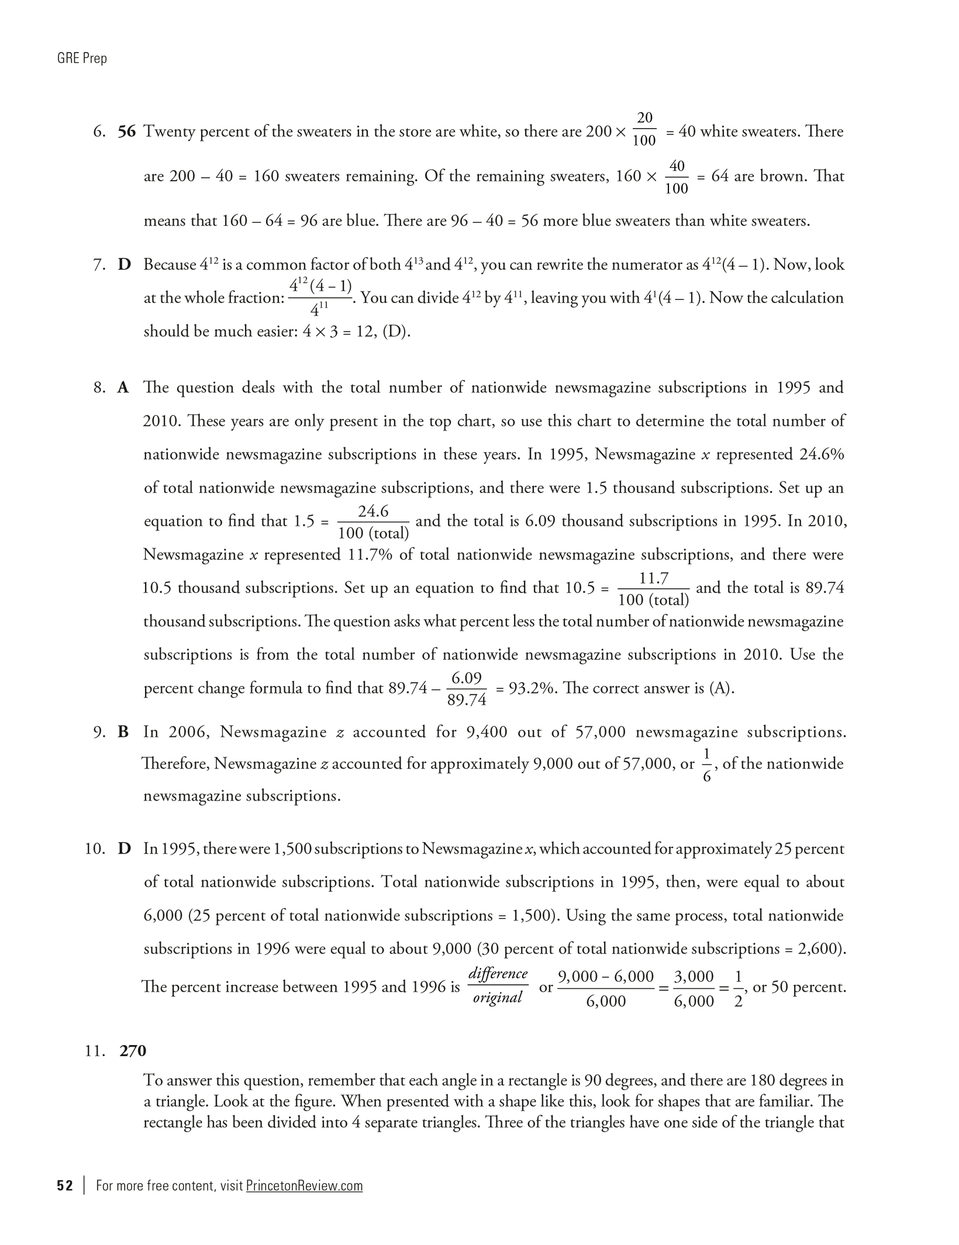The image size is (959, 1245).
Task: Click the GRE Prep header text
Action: [x=82, y=58]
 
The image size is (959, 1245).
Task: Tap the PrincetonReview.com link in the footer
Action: [x=304, y=1185]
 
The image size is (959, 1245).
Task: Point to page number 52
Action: [x=65, y=1185]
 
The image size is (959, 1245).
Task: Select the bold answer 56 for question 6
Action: [x=127, y=132]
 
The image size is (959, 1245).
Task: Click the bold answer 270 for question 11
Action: [x=133, y=1051]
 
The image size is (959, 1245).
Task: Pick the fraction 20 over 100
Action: [x=644, y=129]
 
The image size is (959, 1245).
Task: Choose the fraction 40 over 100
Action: [x=677, y=177]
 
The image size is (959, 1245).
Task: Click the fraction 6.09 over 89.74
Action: [x=467, y=689]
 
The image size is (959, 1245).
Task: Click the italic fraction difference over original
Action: [x=498, y=986]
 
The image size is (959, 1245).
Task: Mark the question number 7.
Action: [x=99, y=265]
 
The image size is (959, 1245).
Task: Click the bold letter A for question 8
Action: [x=123, y=388]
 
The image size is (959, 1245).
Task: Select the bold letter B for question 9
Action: [x=123, y=732]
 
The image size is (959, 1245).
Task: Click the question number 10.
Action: [x=95, y=849]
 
